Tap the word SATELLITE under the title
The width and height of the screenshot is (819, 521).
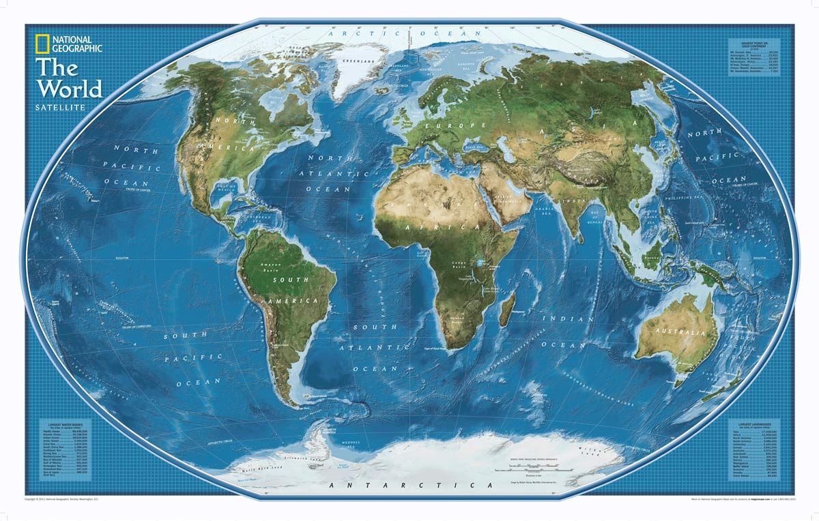pyautogui.click(x=61, y=108)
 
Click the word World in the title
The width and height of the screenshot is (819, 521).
pyautogui.click(x=70, y=88)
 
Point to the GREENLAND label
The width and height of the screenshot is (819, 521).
pyautogui.click(x=361, y=61)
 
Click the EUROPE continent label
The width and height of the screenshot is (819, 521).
pyautogui.click(x=445, y=126)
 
